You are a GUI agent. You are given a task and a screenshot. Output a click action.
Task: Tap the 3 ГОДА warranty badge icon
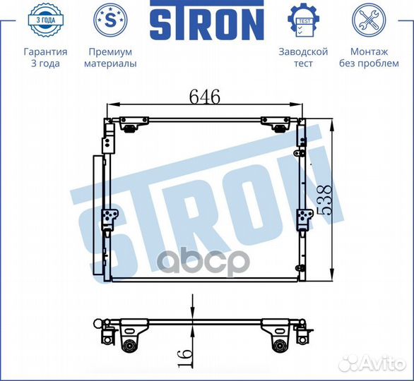(x=46, y=20)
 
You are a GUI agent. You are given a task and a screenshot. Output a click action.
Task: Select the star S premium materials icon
(x=110, y=20)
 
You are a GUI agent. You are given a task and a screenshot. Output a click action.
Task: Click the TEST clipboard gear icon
(x=304, y=20)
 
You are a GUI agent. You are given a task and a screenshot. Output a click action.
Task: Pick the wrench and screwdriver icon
(x=369, y=20)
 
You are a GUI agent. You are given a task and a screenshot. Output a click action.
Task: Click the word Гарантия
(x=46, y=52)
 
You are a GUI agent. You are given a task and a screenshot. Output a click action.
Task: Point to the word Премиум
(x=110, y=52)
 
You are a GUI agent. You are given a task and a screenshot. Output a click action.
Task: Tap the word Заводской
(x=304, y=52)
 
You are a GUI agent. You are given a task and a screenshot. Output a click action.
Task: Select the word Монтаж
(x=369, y=52)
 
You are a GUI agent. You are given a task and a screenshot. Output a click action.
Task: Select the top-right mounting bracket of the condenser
(x=272, y=124)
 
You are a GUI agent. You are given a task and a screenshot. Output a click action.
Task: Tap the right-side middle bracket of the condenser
(x=302, y=219)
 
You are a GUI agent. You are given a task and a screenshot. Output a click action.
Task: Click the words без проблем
(x=369, y=64)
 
